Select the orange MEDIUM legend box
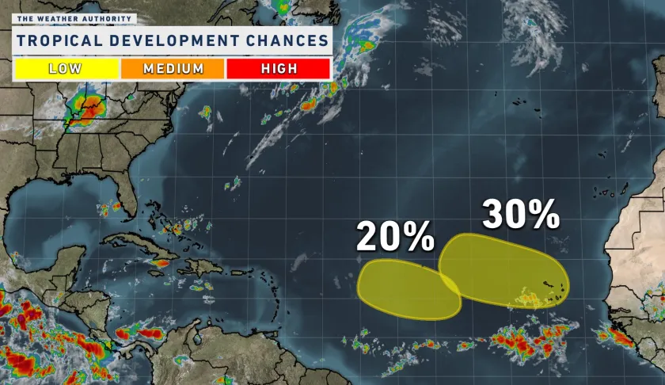click(x=173, y=68)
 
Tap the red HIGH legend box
click(x=278, y=68)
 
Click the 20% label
click(x=395, y=237)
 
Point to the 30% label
click(x=521, y=214)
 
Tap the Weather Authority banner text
click(x=74, y=18)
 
